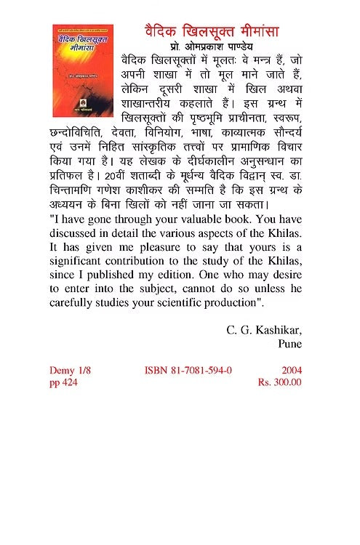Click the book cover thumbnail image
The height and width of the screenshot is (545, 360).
click(x=83, y=70)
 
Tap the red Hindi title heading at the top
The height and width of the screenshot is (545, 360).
click(x=207, y=32)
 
